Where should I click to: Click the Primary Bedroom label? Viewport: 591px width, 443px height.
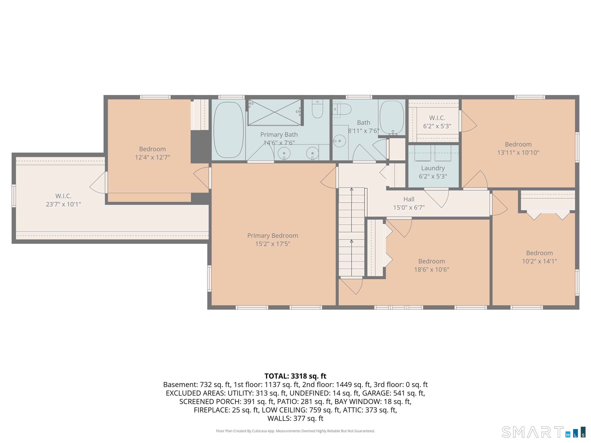(273, 236)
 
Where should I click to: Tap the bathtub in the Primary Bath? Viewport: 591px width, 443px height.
(229, 130)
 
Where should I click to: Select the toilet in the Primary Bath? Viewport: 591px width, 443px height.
(317, 109)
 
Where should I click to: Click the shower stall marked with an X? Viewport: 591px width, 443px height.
(274, 112)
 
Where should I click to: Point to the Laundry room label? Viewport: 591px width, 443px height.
(433, 168)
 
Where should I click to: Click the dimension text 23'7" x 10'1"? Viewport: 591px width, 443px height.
(63, 204)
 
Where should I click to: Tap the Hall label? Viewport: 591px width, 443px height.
(409, 199)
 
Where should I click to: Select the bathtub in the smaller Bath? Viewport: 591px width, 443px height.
(392, 117)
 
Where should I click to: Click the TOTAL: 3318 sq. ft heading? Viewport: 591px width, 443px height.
(295, 376)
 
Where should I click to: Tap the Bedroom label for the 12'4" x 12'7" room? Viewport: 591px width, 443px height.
(152, 149)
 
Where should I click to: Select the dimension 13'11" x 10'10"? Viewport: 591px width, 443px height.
(518, 153)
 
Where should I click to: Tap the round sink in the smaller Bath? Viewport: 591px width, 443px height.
(339, 141)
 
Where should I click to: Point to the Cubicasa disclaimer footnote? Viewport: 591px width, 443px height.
(295, 431)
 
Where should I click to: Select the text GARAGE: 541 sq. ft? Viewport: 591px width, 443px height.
(394, 393)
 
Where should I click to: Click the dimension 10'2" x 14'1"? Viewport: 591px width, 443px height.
(539, 261)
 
